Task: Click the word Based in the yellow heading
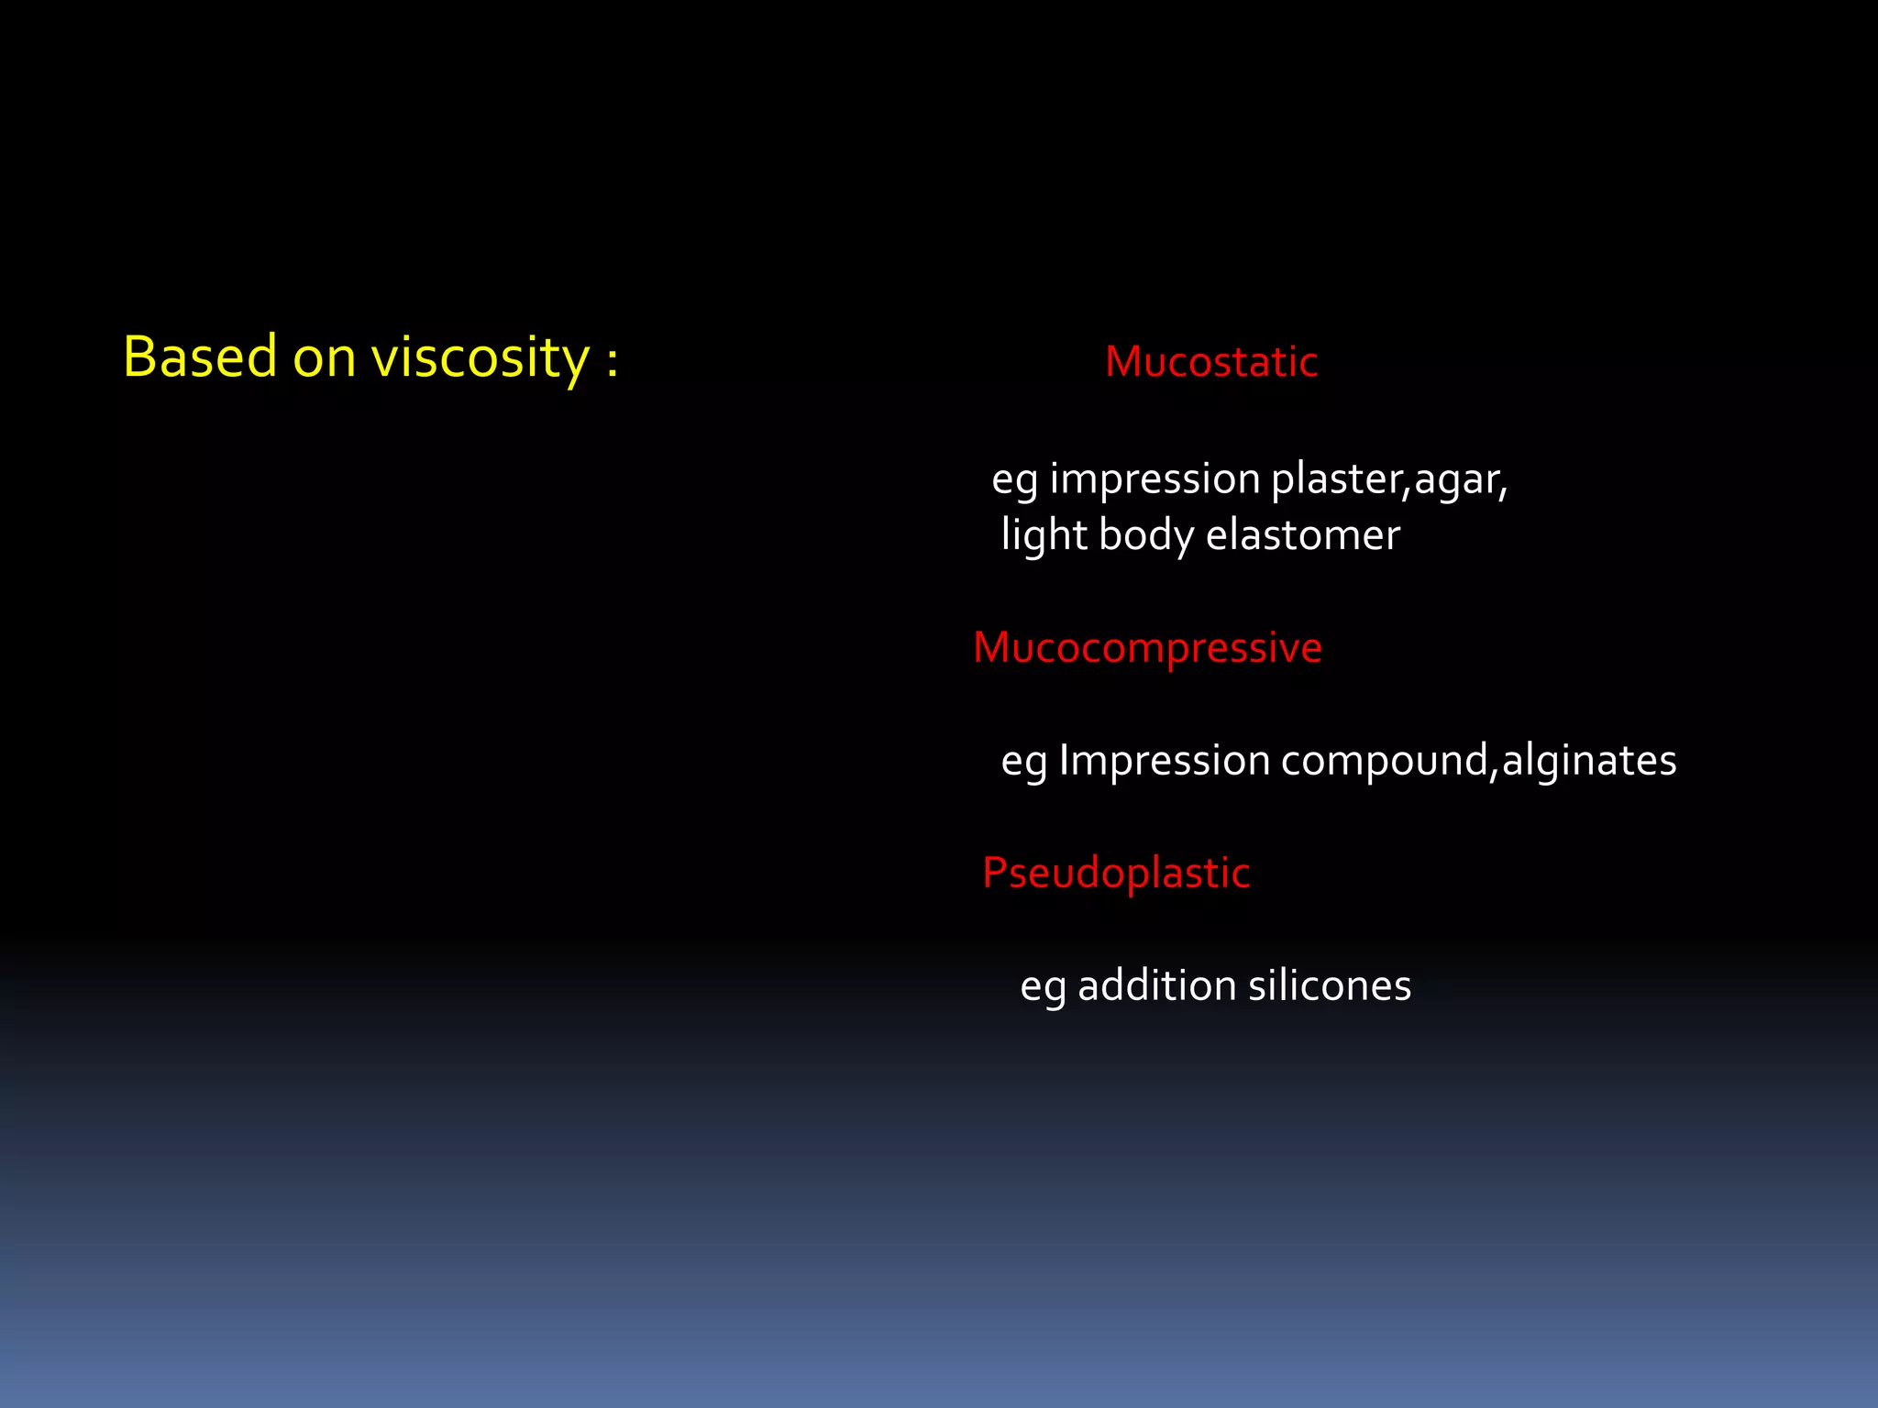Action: [x=200, y=357]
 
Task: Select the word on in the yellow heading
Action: [x=324, y=358]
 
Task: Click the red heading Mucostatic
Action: [x=1210, y=362]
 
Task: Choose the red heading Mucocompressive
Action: [x=1147, y=648]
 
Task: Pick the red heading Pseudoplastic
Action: [x=1116, y=873]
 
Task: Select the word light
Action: [x=1044, y=535]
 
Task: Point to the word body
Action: [x=1145, y=535]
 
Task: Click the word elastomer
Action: [x=1302, y=535]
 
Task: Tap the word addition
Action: [x=1156, y=986]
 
